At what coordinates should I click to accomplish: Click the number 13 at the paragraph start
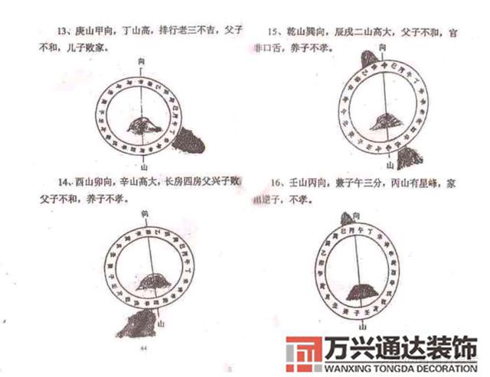coord(41,31)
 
